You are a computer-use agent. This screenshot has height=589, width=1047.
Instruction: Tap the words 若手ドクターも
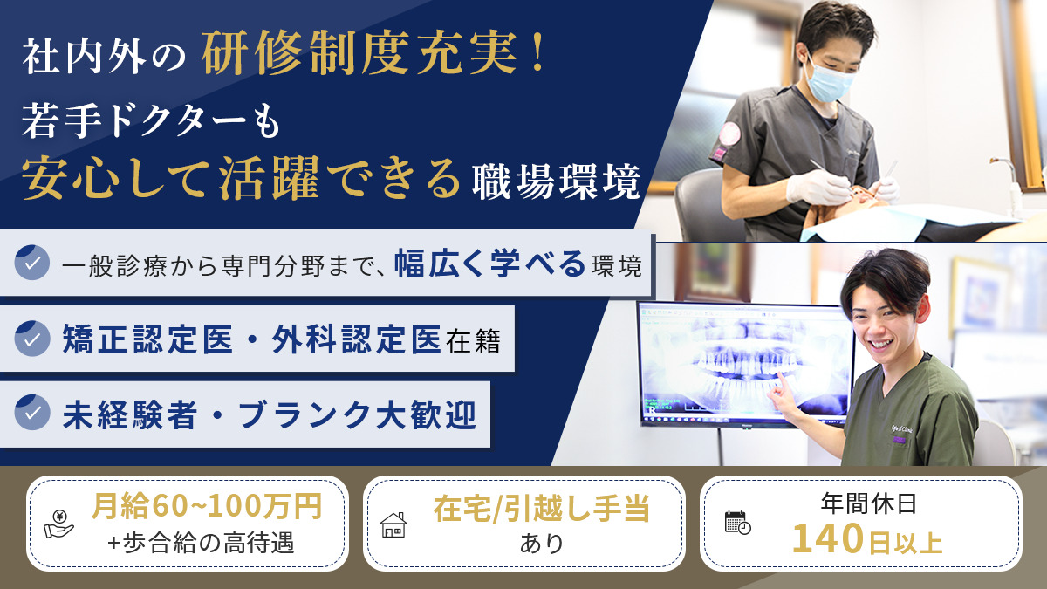(151, 121)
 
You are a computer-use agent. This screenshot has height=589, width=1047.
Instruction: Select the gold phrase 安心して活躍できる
(241, 179)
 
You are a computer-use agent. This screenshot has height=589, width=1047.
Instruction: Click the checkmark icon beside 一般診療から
(31, 263)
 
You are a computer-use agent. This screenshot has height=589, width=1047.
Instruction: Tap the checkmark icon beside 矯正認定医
(31, 339)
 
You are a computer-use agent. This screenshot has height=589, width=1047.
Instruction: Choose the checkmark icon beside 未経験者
(31, 412)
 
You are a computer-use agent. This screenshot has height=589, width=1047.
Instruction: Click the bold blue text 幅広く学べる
(489, 264)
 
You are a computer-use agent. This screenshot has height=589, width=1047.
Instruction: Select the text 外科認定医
(357, 339)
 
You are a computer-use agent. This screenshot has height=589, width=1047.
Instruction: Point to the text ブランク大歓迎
(358, 414)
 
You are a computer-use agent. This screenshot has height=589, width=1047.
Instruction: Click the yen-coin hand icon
(59, 524)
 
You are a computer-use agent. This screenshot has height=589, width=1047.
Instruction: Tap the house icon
(393, 524)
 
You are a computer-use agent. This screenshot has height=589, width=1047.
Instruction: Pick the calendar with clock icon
(737, 523)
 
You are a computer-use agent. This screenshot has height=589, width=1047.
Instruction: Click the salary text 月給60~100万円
(207, 505)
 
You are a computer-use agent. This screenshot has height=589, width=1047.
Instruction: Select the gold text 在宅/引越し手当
(542, 509)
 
